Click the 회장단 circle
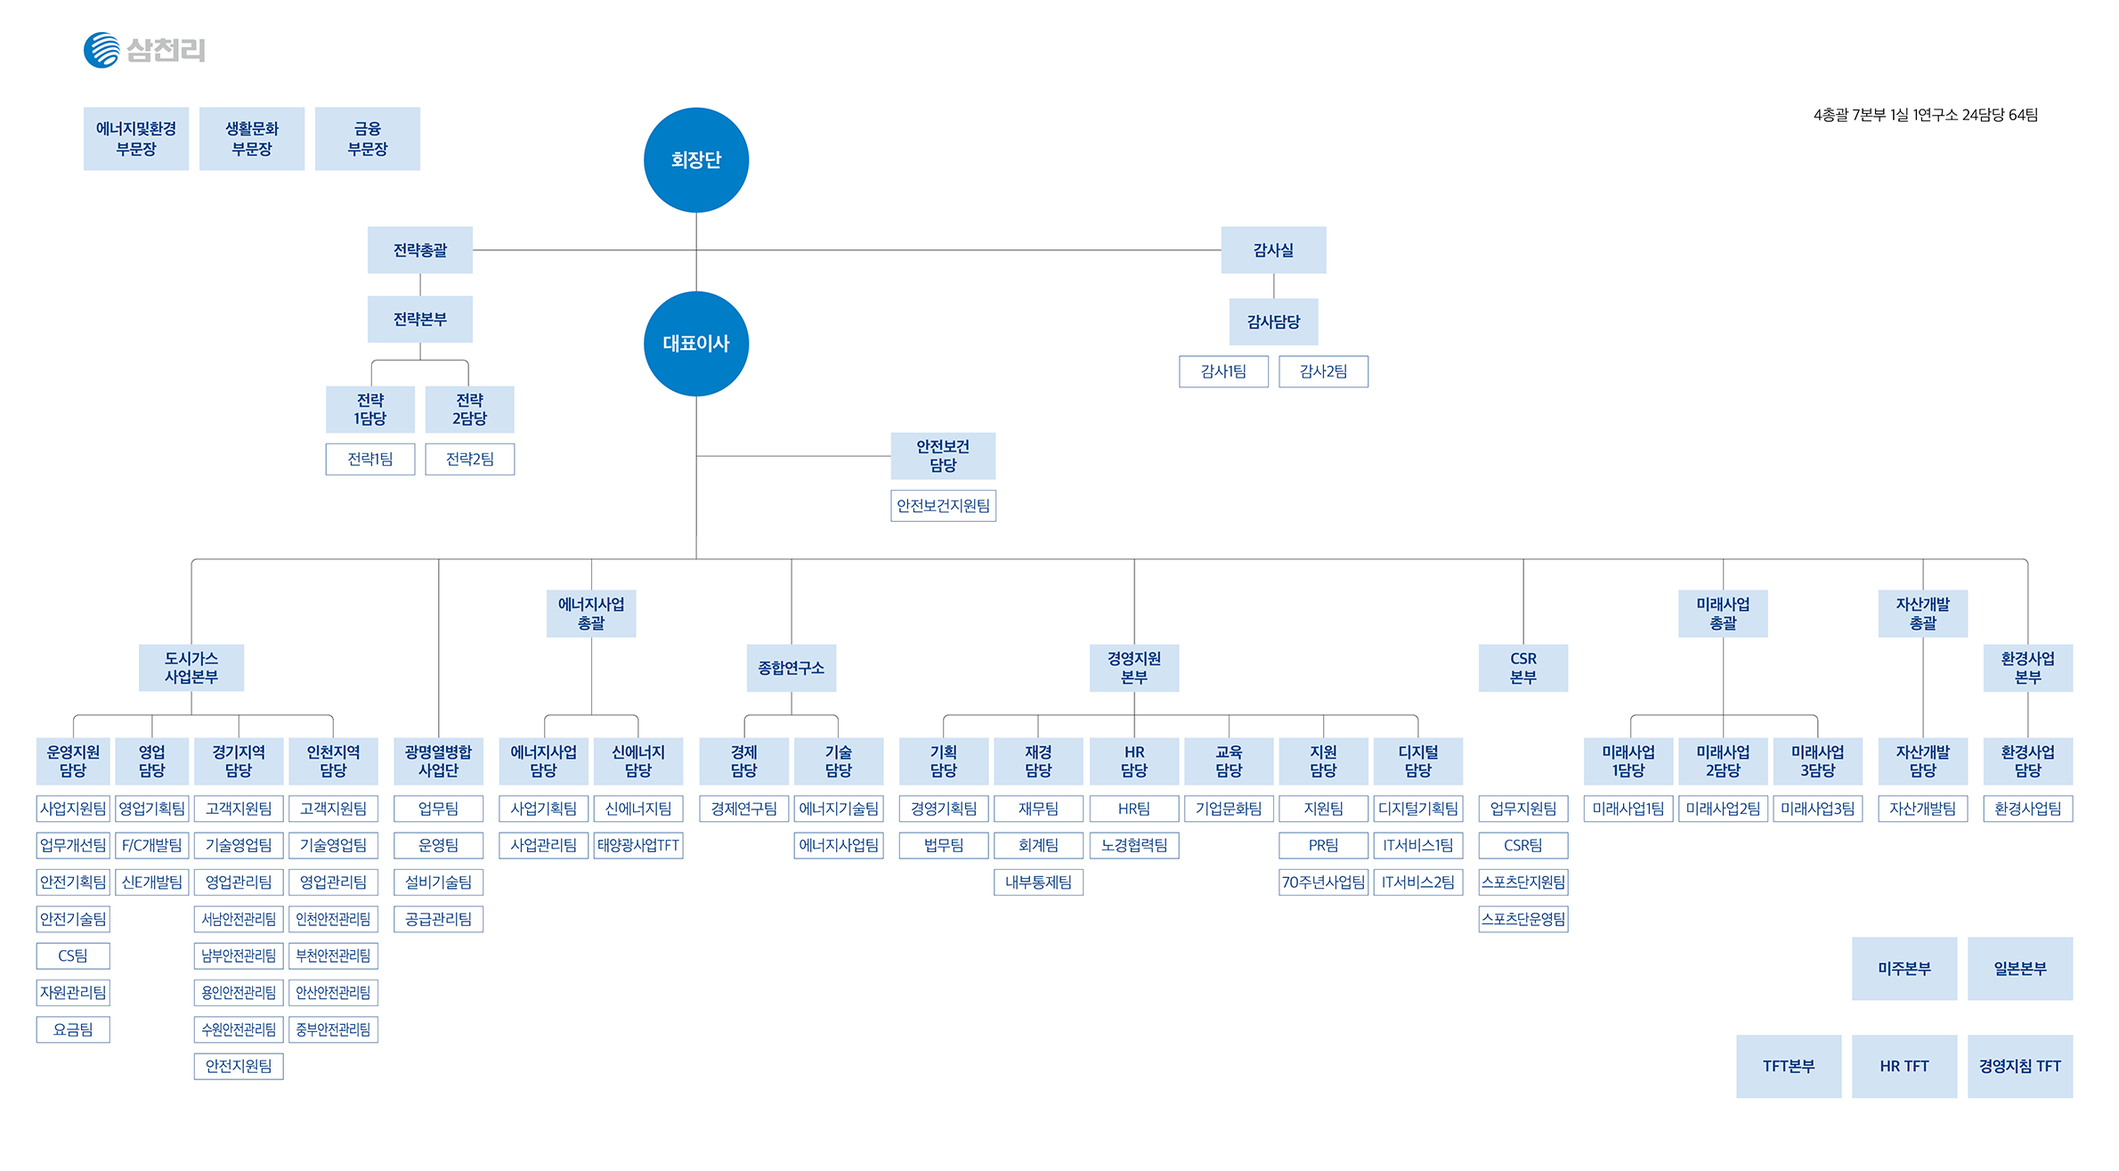click(695, 160)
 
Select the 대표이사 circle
click(695, 344)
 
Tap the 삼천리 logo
click(144, 50)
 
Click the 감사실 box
click(1272, 250)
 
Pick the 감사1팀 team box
click(1222, 371)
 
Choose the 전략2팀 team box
click(469, 459)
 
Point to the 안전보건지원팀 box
click(943, 506)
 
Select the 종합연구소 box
click(791, 668)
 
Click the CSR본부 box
click(1522, 668)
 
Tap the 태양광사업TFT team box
click(637, 845)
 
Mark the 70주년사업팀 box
click(1323, 882)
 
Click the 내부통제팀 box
click(1038, 882)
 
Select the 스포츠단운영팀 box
click(1522, 919)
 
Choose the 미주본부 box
click(1904, 968)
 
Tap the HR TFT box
click(1904, 1066)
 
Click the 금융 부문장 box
click(367, 139)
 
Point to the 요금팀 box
click(73, 1029)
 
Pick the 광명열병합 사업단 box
click(438, 761)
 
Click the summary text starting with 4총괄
click(1925, 115)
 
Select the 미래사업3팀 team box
click(1817, 809)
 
